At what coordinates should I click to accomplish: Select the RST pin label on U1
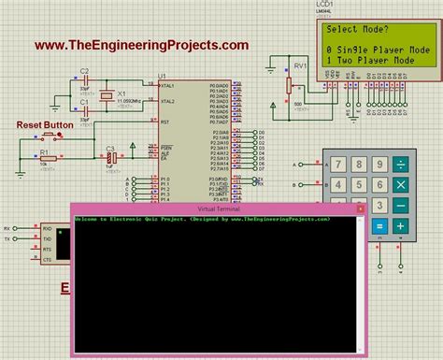point(165,122)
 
